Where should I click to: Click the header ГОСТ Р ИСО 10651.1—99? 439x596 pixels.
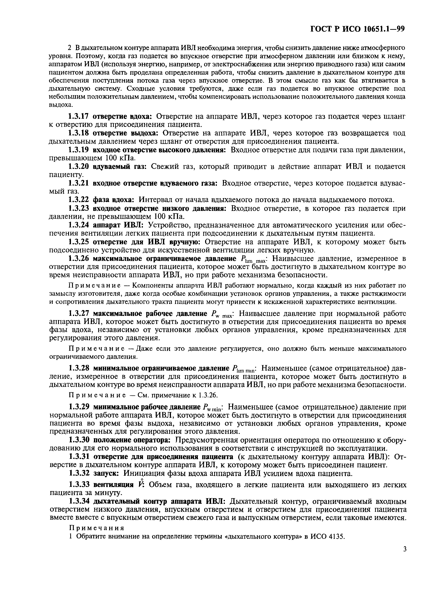click(357, 29)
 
